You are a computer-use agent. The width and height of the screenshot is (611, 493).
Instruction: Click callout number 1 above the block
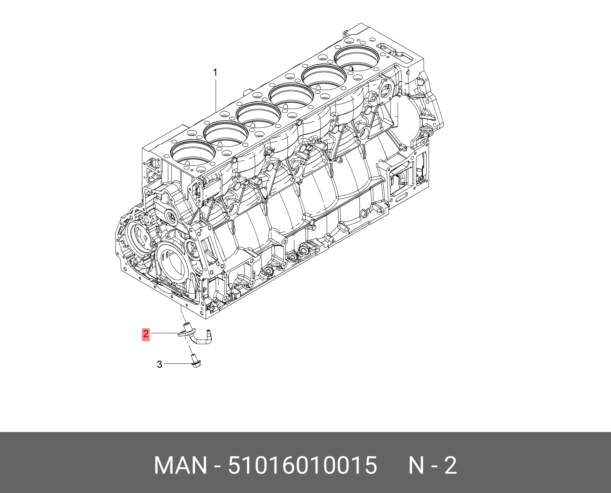215,73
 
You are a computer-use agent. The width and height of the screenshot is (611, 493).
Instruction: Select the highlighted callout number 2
146,333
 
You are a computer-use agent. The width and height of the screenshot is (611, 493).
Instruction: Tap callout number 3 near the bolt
159,364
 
